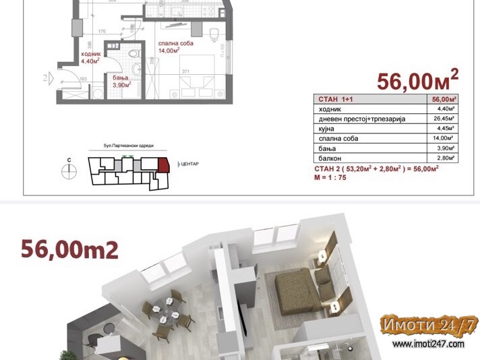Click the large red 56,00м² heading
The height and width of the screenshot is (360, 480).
[x=417, y=81]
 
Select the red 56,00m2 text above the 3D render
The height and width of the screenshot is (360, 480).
[x=70, y=250]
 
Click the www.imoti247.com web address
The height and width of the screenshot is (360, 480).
[x=428, y=344]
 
